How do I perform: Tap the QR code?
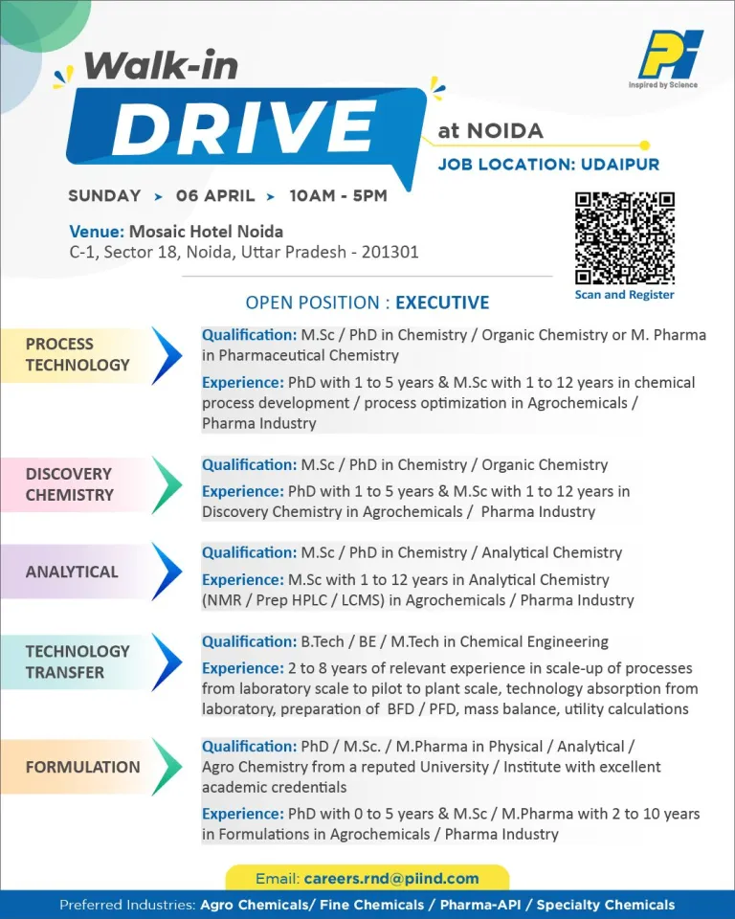pos(624,238)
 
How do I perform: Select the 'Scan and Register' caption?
pos(624,295)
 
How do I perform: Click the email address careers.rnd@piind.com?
pos(390,878)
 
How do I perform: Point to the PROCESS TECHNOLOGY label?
pos(78,354)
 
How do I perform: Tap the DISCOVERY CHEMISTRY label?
pos(69,484)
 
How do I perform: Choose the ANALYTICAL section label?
pos(72,572)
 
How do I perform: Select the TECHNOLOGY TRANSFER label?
pos(78,661)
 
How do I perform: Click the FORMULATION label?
pos(82,767)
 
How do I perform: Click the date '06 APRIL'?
pos(215,196)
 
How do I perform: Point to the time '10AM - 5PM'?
pos(338,196)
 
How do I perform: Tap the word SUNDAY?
pos(104,196)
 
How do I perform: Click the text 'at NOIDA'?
pos(490,131)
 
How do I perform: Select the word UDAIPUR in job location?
pos(620,165)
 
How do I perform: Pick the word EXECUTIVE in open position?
pos(442,303)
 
